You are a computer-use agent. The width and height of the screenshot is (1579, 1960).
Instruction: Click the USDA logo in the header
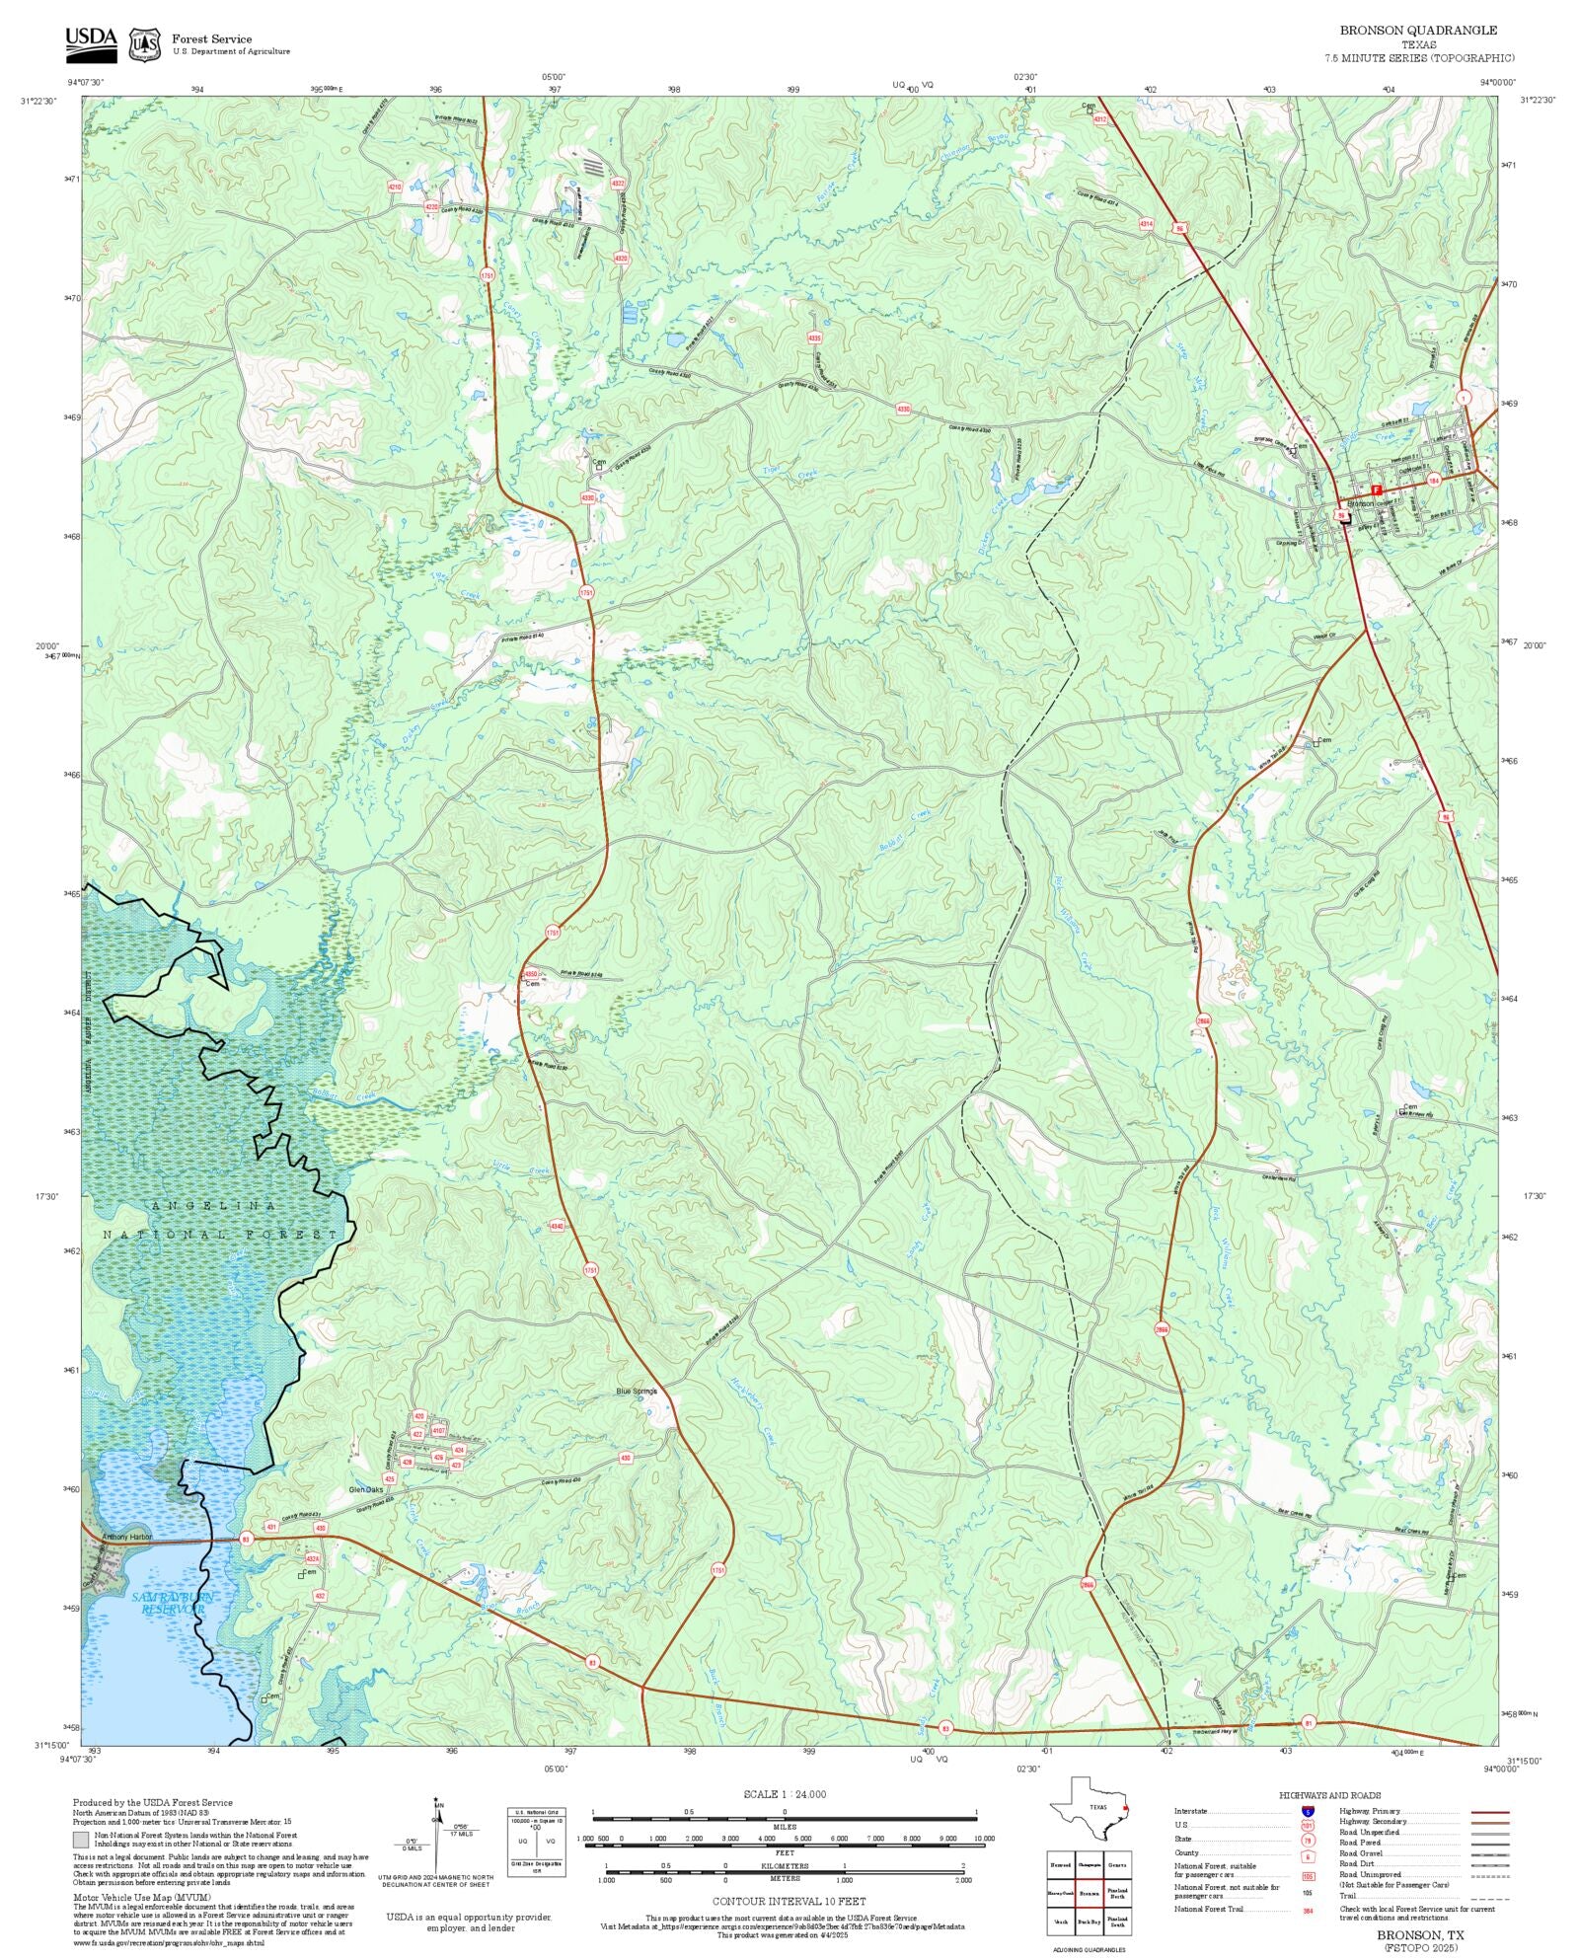(91, 44)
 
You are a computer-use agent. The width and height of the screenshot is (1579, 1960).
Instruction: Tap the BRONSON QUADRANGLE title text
(1417, 31)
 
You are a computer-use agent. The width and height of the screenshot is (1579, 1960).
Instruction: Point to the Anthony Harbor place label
(127, 1537)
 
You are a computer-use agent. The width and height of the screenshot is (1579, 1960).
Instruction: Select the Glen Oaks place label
(365, 1489)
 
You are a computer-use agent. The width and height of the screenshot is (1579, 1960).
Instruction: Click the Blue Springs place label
(636, 1391)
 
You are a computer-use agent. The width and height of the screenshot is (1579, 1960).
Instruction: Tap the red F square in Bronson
(1376, 490)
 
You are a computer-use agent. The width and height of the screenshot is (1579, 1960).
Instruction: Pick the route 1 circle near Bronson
(1464, 397)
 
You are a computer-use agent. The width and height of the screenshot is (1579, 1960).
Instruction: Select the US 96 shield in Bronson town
(1341, 514)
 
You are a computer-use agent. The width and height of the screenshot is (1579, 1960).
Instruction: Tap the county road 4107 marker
(439, 1430)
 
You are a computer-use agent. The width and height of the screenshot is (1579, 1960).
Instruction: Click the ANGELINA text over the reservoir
(215, 1206)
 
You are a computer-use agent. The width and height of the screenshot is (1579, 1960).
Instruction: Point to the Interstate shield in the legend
(1308, 1812)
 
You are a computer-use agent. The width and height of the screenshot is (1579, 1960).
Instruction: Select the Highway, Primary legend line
(1489, 1812)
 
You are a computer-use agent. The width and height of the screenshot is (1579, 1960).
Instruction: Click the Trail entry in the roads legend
(1347, 1896)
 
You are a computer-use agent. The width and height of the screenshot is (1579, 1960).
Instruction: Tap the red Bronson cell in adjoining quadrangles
(1089, 1893)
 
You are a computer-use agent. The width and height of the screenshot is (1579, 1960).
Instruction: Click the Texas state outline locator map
(1090, 1808)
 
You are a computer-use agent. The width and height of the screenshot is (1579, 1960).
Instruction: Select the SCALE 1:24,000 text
(785, 1794)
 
